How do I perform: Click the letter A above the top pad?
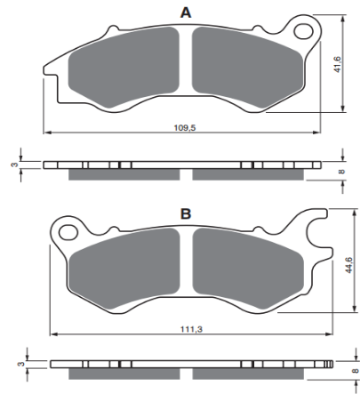(x=186, y=12)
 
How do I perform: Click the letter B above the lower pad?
(x=186, y=213)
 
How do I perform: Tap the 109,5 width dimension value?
(x=185, y=128)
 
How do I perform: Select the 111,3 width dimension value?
(x=191, y=329)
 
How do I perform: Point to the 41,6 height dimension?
(x=338, y=64)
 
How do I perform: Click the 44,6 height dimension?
(x=348, y=265)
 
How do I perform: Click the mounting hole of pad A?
(x=303, y=31)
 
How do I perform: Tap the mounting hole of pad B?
(x=68, y=232)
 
